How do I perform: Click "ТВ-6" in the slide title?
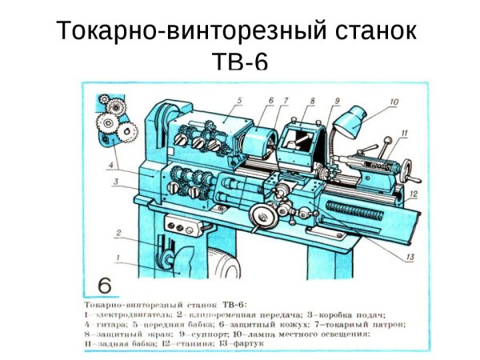239,61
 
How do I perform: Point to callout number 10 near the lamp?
394,102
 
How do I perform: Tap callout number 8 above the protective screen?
312,101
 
